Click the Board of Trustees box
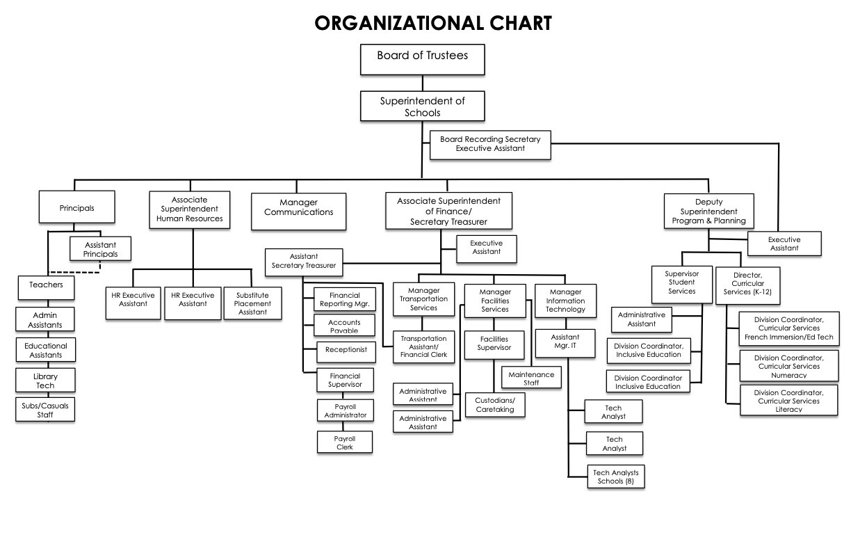point(423,59)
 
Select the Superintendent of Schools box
point(423,106)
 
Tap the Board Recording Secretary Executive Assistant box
point(490,145)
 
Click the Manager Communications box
point(298,211)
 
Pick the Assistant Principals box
point(100,248)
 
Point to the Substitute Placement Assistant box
point(252,303)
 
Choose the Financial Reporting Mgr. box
point(345,299)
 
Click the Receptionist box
point(346,352)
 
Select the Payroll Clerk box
point(345,442)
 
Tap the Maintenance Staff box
point(531,377)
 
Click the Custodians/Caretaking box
point(495,405)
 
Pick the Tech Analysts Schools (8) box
point(616,477)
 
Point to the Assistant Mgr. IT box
point(565,344)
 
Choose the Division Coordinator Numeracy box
point(788,366)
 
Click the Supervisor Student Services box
point(681,285)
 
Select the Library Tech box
point(45,381)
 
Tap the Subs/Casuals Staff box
point(45,410)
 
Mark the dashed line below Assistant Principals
point(75,272)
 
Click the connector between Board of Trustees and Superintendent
point(423,83)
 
